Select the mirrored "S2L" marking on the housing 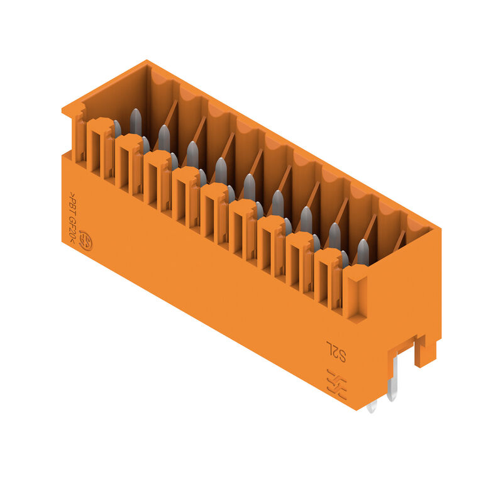(x=336, y=351)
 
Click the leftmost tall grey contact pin (x=135, y=121)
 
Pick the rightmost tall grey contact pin (x=363, y=251)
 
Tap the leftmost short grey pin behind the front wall (x=116, y=129)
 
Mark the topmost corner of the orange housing (x=147, y=61)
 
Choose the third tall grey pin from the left (x=192, y=153)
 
